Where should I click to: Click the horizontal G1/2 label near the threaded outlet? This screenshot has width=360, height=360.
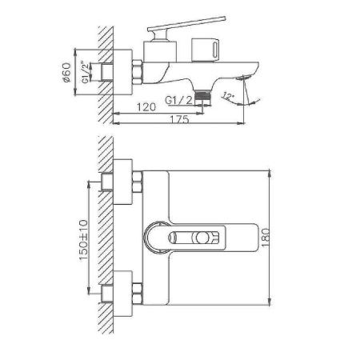180,98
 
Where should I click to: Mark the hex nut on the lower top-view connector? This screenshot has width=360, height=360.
138,290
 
